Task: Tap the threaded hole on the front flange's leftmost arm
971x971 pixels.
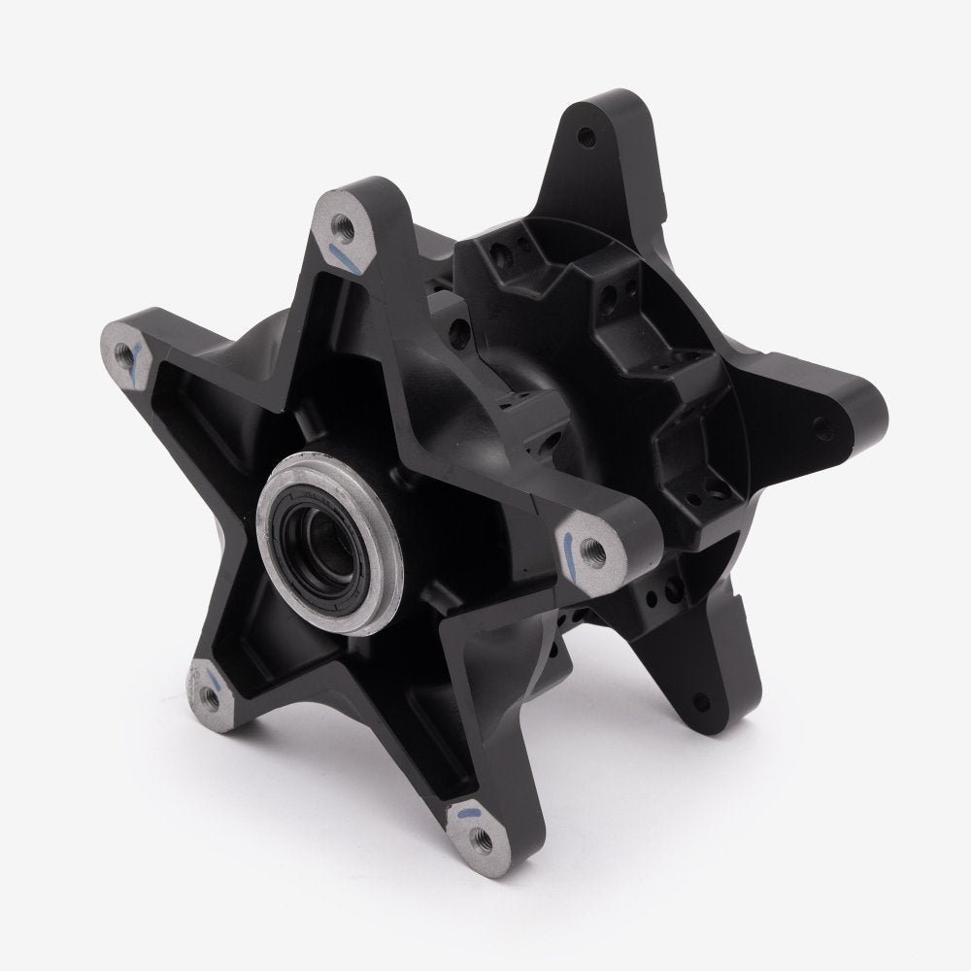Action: [121, 352]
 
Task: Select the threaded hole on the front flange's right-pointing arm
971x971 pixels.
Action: [596, 551]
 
